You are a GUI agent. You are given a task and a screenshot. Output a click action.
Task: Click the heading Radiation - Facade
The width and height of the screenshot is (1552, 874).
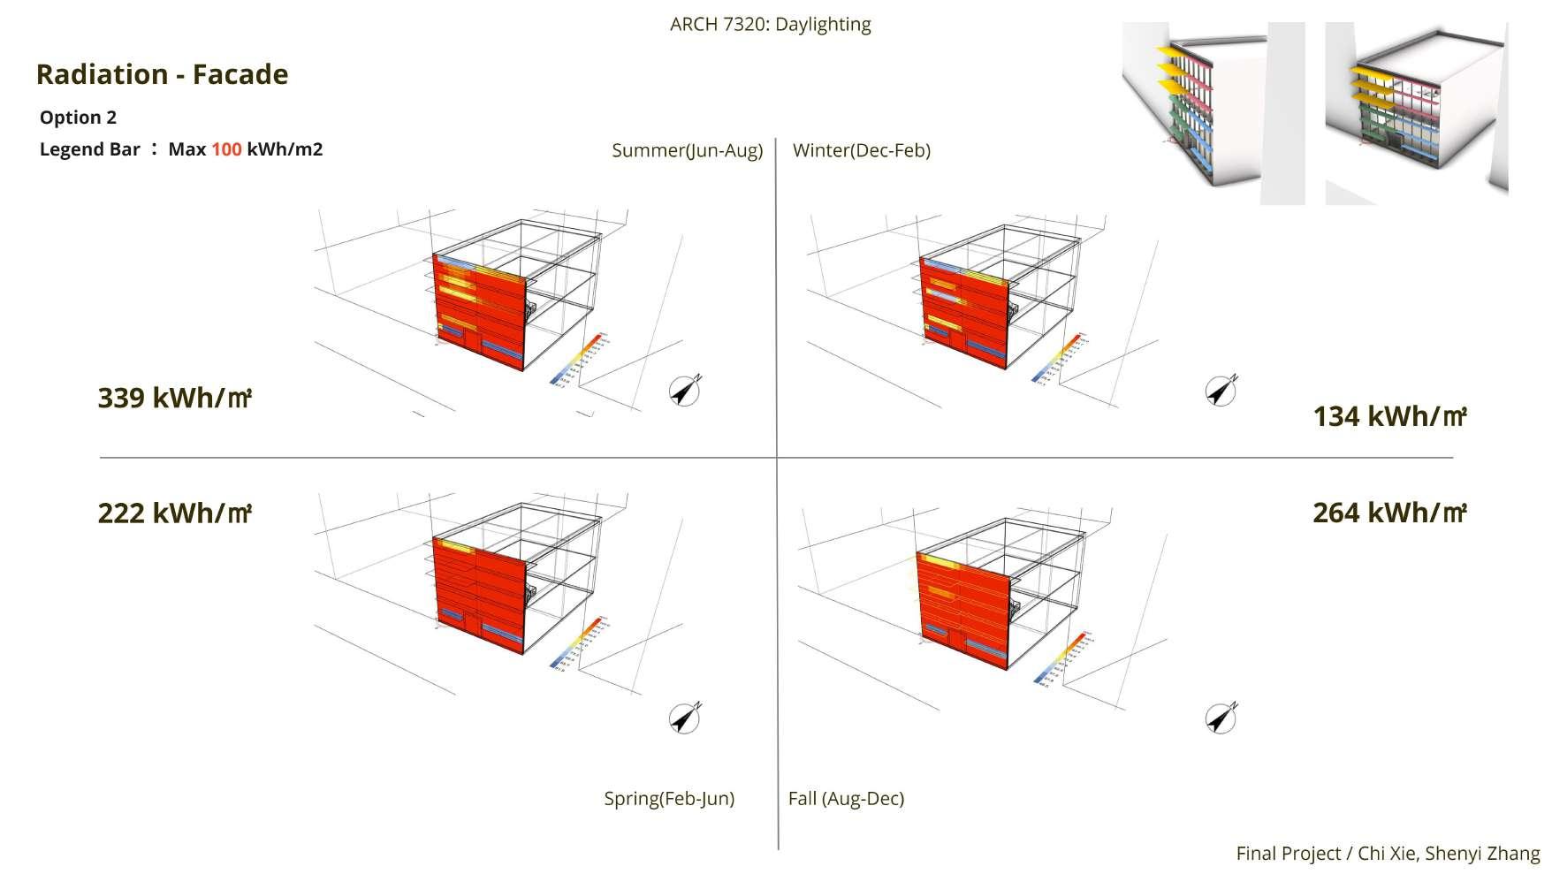[162, 74]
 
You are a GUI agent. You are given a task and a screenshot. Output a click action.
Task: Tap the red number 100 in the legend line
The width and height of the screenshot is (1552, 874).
[226, 149]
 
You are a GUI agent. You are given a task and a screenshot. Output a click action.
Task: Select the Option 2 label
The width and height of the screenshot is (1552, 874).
[78, 118]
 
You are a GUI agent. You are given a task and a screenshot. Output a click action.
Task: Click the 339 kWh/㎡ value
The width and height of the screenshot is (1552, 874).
[174, 399]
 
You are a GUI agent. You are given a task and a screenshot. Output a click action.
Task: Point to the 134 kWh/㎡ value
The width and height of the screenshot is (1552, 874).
[1389, 417]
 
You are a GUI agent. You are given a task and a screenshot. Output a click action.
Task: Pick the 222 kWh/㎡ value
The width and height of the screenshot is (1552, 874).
[174, 513]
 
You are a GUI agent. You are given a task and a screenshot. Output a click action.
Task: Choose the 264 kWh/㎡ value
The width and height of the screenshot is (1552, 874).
[1389, 513]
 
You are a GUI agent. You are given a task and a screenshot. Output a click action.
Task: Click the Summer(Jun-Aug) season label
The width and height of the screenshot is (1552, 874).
[687, 150]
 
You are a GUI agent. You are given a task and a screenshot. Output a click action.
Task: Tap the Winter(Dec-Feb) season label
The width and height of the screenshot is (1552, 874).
[861, 150]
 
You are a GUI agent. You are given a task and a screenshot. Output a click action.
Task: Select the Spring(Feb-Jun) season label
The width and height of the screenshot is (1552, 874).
[669, 799]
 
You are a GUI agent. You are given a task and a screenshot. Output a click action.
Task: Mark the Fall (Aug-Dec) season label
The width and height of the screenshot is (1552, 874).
[846, 799]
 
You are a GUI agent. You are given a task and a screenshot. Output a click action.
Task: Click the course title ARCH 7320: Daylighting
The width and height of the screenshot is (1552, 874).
[770, 24]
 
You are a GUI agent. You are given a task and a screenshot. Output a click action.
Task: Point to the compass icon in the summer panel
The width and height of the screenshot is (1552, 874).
[684, 390]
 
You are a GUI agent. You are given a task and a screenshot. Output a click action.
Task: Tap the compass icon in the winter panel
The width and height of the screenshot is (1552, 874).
[1221, 390]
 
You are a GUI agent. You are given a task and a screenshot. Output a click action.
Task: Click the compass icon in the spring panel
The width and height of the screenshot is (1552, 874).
[684, 718]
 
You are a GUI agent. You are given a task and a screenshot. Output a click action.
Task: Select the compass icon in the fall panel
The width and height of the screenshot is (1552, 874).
[1221, 718]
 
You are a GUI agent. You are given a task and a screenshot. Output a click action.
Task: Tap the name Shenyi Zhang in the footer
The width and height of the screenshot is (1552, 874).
[1482, 854]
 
